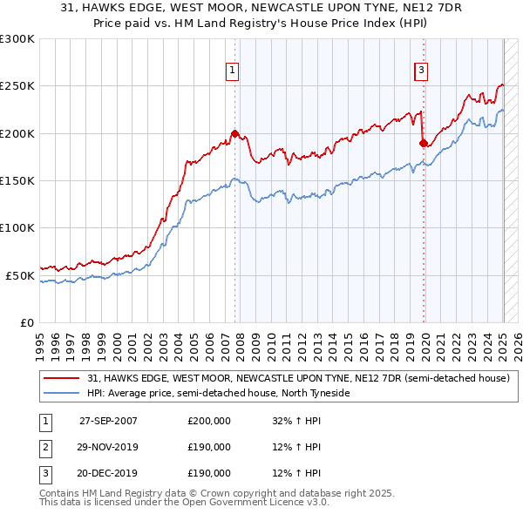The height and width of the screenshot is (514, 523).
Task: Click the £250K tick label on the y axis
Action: tap(18, 86)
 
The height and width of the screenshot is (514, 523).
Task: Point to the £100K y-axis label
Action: tap(18, 227)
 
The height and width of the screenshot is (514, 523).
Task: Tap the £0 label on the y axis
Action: tap(26, 322)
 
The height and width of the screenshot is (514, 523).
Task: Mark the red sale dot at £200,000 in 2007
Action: tap(235, 133)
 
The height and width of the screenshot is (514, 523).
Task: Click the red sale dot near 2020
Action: tap(424, 143)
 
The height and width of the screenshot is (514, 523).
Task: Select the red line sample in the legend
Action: tap(62, 379)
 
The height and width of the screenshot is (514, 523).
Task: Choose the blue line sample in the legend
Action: tap(62, 394)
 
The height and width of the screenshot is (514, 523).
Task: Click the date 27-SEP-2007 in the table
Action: tap(108, 421)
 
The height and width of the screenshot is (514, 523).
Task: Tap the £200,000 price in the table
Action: tap(209, 421)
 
